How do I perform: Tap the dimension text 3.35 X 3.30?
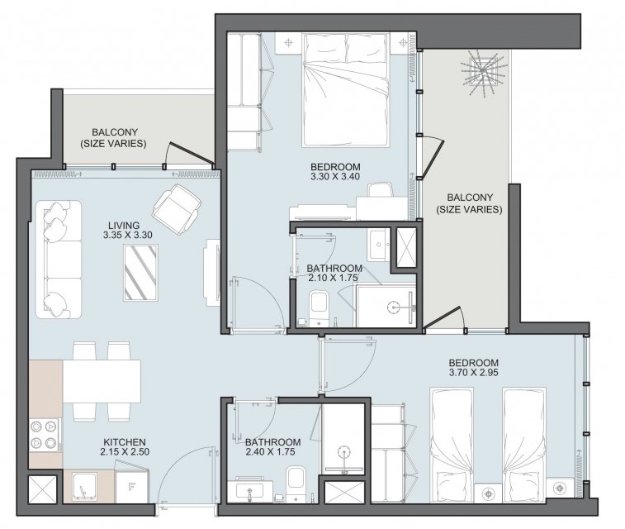(127, 235)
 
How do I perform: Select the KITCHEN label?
(125, 442)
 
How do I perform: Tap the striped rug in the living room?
(140, 273)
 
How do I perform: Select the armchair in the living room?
(176, 211)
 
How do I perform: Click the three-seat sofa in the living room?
(59, 260)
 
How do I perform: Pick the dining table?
(102, 381)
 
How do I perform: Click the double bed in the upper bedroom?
(345, 90)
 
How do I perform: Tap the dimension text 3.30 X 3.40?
(335, 177)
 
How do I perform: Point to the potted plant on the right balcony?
(483, 72)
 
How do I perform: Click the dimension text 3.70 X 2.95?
(474, 373)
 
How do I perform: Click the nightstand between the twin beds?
(489, 493)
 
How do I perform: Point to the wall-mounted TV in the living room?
(211, 273)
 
